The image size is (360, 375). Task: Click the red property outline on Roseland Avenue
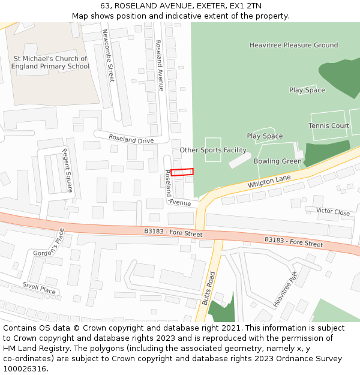182,172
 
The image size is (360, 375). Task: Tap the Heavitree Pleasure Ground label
293,45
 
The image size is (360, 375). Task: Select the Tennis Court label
328,125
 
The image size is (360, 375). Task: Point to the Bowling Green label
277,161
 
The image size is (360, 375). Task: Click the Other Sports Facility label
213,150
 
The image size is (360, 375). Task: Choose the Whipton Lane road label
269,182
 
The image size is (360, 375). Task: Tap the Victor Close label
333,212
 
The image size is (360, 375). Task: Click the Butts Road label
208,289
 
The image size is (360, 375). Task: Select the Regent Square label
68,170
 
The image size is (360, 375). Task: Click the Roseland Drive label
131,139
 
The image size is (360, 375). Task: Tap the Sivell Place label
39,289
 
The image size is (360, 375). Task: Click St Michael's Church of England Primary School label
51,62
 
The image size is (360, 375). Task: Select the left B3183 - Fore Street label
173,232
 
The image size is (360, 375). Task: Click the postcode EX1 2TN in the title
245,5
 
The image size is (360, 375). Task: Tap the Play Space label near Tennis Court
307,90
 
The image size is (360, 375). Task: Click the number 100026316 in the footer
25,368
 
